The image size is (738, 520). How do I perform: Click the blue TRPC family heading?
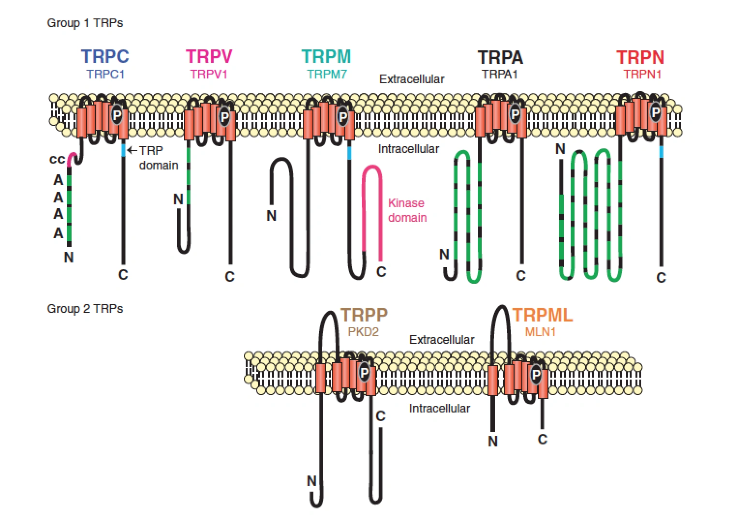(x=105, y=57)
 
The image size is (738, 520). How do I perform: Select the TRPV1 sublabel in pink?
(x=208, y=74)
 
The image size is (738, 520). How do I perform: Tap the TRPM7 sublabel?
(x=327, y=74)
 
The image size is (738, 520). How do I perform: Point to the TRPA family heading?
(x=500, y=58)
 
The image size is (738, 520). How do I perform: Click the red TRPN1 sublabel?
(x=642, y=74)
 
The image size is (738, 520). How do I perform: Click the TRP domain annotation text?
(x=158, y=158)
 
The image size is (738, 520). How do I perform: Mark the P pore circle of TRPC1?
(x=117, y=115)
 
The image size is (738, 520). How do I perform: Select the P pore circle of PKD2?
(x=364, y=372)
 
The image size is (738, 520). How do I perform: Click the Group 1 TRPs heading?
(x=85, y=23)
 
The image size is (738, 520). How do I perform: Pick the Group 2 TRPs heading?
(x=85, y=308)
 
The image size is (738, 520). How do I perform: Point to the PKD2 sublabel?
(x=363, y=332)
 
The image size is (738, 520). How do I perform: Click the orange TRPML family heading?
(x=542, y=315)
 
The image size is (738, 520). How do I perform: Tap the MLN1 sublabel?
(x=540, y=332)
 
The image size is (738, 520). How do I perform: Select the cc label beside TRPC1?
(x=57, y=159)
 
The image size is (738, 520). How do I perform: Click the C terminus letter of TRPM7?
(x=381, y=272)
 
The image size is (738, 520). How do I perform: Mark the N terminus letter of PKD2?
(x=312, y=481)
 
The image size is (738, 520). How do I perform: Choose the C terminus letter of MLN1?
(x=542, y=439)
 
